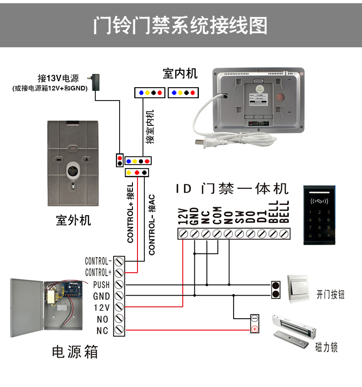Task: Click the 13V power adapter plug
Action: (x=97, y=81)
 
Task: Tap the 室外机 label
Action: (x=73, y=220)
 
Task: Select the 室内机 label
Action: (x=180, y=73)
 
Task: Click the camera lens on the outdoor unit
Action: (x=73, y=170)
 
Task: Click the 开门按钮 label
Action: (x=330, y=295)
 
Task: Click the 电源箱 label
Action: (x=75, y=352)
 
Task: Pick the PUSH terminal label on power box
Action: (x=101, y=285)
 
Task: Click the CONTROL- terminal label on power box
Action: (x=98, y=261)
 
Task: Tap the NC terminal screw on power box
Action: (x=119, y=330)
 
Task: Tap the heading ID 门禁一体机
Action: (x=232, y=188)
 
